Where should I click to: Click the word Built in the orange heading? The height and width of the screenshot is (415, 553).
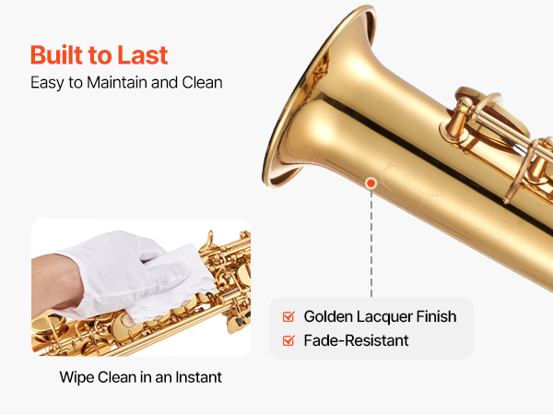point(56,55)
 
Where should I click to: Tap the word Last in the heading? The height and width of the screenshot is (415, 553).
point(143,55)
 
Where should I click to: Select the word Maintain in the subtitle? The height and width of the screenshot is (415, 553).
point(117,83)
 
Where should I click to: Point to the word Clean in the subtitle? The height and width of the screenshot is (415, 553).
point(202,83)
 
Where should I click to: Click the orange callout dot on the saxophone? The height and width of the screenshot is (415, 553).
point(371,184)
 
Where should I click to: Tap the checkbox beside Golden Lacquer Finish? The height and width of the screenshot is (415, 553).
point(288,316)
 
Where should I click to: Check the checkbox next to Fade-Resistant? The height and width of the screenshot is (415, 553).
point(288,340)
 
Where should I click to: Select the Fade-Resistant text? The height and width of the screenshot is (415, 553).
point(356,341)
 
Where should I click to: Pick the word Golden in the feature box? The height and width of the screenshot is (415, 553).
point(328,316)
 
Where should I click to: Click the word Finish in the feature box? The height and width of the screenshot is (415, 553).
point(436,316)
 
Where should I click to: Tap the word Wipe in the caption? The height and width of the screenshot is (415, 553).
point(76,377)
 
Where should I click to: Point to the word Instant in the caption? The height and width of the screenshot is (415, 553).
point(199,377)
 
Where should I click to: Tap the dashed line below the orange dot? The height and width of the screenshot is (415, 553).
point(371,243)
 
